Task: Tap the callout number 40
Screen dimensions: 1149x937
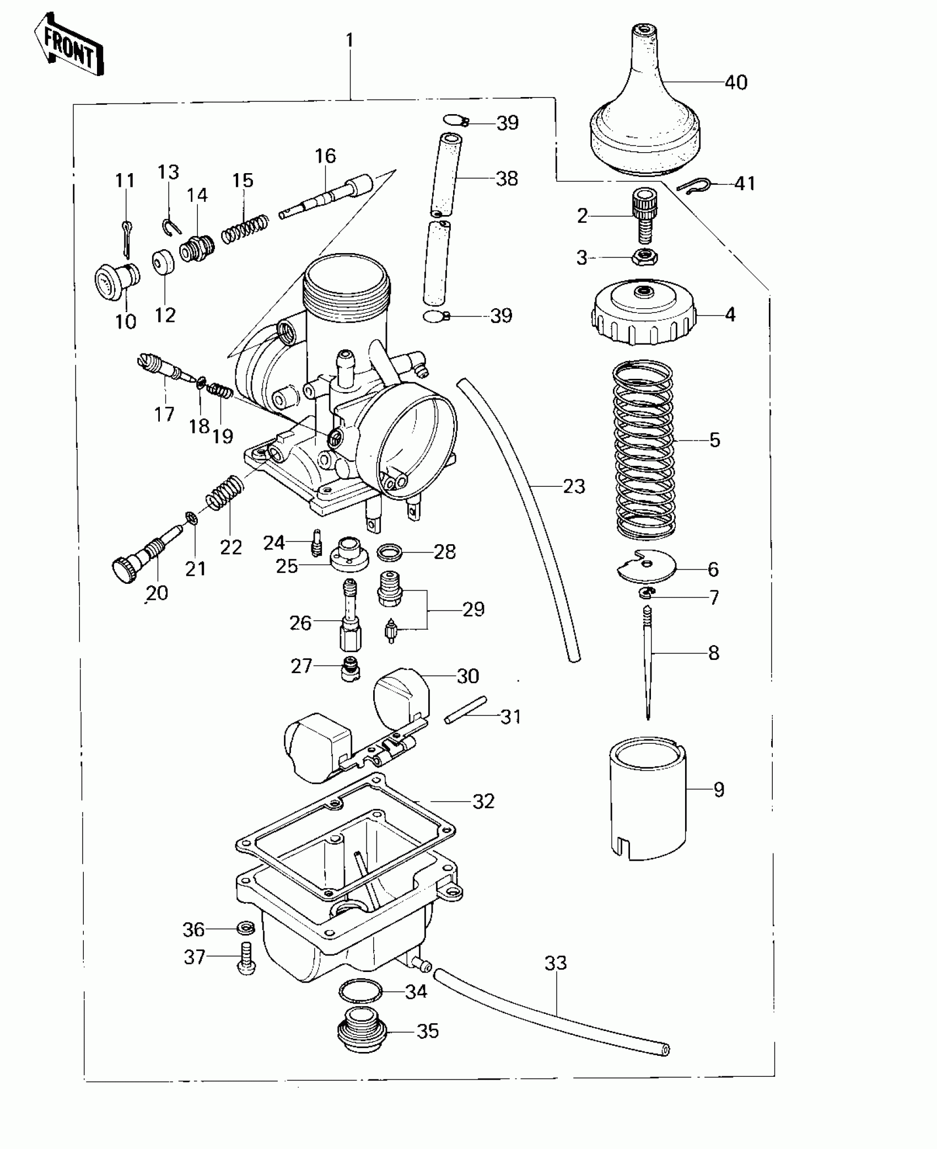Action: click(735, 83)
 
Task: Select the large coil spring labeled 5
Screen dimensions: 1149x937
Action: click(644, 449)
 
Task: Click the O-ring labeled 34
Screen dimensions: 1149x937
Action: click(360, 991)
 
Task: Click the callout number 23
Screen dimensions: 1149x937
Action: click(573, 486)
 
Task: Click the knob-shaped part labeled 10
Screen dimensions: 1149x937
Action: click(116, 280)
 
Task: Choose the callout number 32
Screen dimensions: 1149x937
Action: click(483, 802)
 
